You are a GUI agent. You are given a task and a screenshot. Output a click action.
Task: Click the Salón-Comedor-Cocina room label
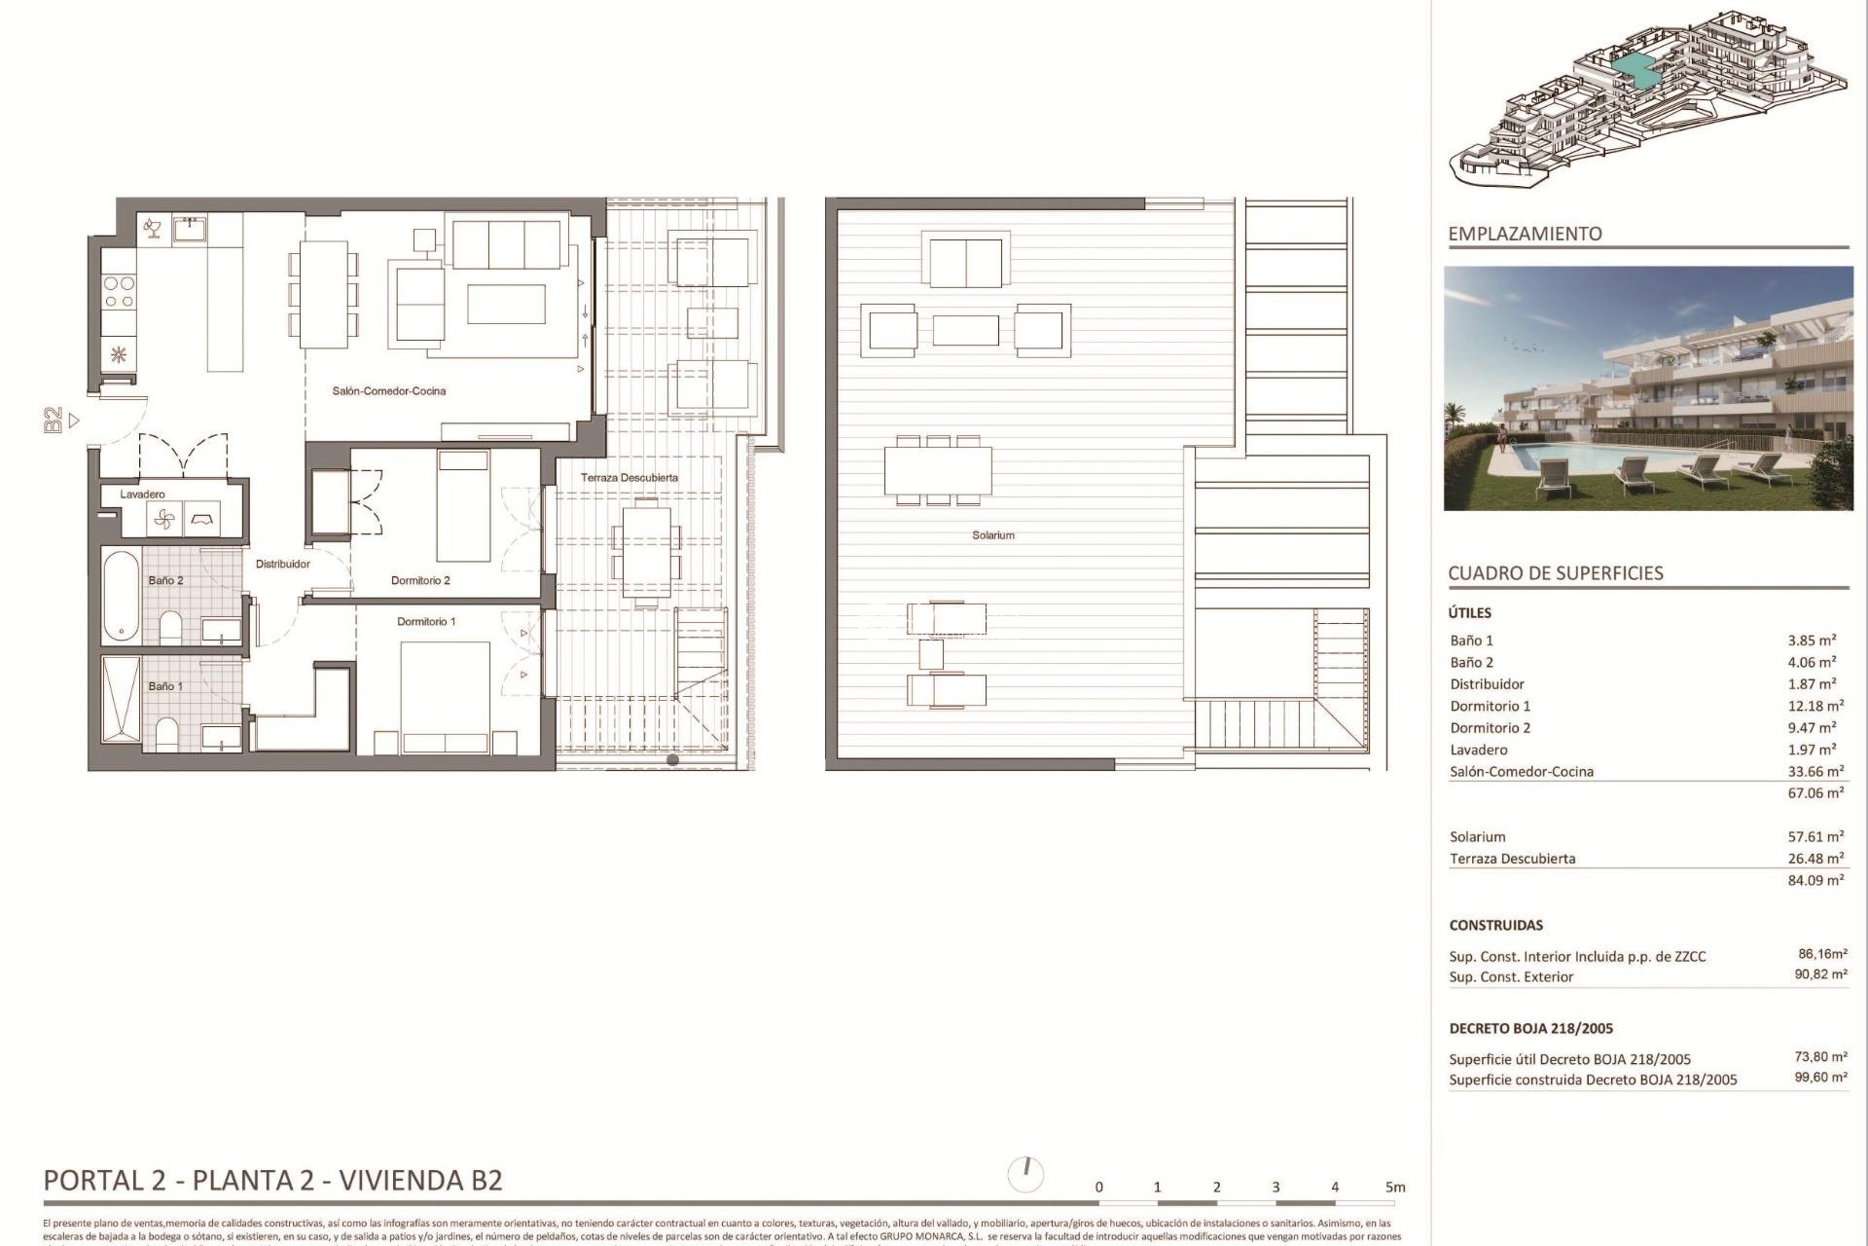[x=389, y=391]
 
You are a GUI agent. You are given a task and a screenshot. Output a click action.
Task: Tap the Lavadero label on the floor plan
[x=142, y=495]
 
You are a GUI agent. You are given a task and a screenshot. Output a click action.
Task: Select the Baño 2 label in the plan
[x=165, y=581]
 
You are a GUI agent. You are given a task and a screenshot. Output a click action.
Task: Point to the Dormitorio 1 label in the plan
[x=426, y=622]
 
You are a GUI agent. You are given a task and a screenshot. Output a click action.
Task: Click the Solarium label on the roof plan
[x=993, y=535]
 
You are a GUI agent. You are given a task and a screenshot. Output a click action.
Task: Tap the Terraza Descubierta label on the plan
[x=629, y=478]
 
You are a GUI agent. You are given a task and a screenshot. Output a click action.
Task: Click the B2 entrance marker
[x=54, y=421]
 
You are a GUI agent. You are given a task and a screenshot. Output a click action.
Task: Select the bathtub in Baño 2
[x=121, y=596]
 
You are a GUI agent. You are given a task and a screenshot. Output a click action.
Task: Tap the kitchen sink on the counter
[x=189, y=230]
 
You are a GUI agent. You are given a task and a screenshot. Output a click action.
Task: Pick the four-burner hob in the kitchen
[x=119, y=292]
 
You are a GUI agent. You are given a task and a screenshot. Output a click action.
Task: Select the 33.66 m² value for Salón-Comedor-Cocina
[x=1815, y=772]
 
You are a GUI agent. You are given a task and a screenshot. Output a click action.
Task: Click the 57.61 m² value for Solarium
[x=1815, y=837]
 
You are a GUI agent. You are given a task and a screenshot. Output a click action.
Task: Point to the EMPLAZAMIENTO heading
[x=1525, y=235]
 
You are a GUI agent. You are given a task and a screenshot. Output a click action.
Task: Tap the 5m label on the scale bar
[x=1395, y=1188]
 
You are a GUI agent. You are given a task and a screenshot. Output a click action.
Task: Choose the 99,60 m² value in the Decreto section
[x=1820, y=1078]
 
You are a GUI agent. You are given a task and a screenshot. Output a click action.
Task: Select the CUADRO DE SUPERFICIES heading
[x=1555, y=573]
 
